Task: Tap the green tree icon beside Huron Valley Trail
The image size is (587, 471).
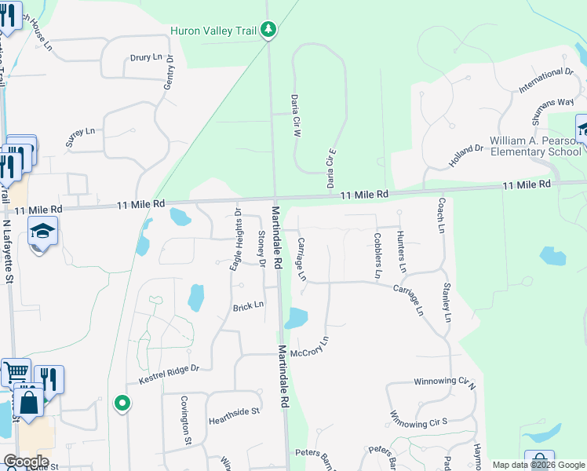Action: pos(269,30)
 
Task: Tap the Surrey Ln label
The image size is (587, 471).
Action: pos(80,137)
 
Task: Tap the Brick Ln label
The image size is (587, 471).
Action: pos(248,305)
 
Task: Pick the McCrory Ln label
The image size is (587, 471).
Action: pos(309,347)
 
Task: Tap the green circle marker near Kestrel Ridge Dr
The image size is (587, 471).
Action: pos(122,403)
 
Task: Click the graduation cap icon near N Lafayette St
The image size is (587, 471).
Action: pos(42,231)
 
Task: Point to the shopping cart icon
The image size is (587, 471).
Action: pos(16,372)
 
